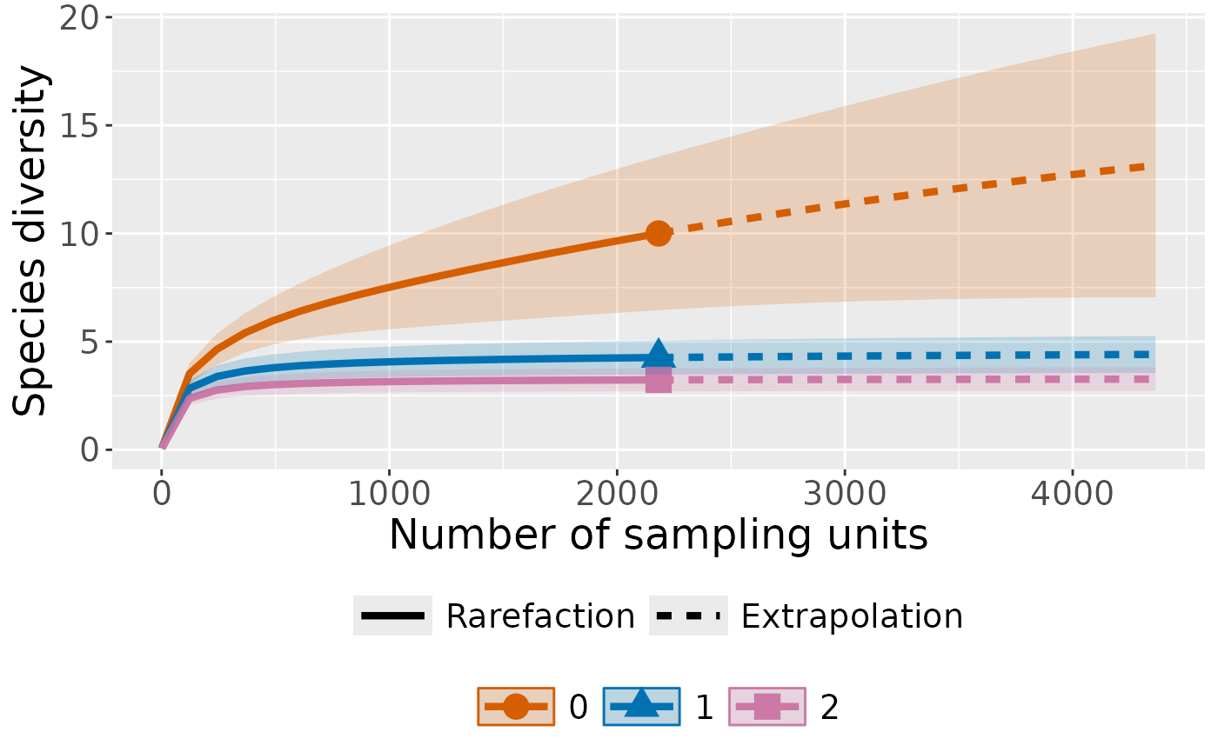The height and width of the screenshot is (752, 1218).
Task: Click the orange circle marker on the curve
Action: (659, 233)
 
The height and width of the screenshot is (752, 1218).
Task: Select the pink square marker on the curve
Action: (659, 380)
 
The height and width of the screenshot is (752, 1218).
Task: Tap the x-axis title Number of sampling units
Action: (658, 535)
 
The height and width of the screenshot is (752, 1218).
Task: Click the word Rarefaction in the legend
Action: (540, 616)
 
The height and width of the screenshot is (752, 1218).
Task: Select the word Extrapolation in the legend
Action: (852, 616)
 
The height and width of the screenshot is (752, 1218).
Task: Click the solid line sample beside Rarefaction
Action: (392, 616)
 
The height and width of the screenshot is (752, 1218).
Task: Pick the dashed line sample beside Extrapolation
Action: (688, 616)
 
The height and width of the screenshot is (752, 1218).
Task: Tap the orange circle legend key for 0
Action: (516, 707)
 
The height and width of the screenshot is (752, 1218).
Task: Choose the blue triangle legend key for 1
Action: (641, 707)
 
